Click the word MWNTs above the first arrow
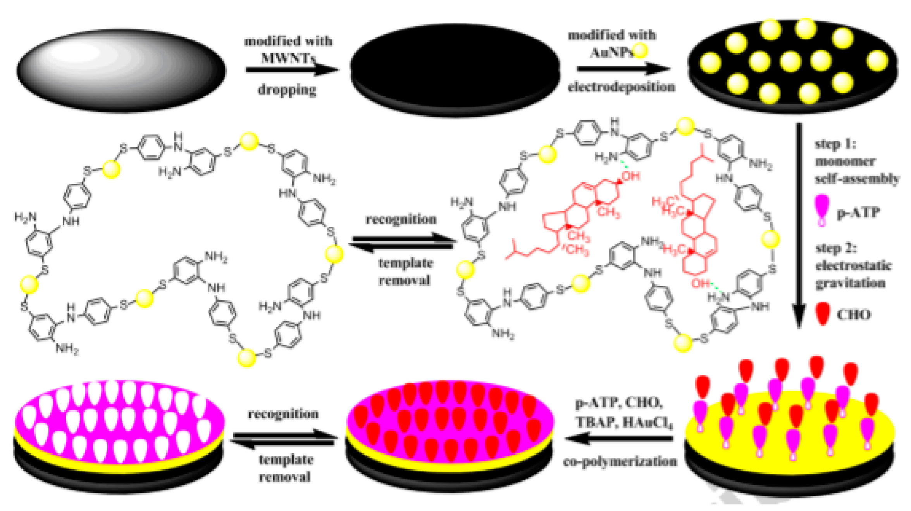tap(288, 58)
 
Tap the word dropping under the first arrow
tap(287, 90)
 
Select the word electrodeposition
tap(621, 87)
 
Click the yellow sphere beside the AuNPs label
tap(640, 50)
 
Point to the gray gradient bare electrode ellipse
tap(121, 71)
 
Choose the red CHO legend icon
tap(823, 313)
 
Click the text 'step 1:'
tap(835, 144)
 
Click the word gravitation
tap(850, 283)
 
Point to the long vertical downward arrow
tap(799, 225)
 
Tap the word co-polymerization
tap(620, 461)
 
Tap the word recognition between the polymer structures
tap(401, 219)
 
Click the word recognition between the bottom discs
tap(283, 414)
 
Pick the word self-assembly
tap(857, 178)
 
